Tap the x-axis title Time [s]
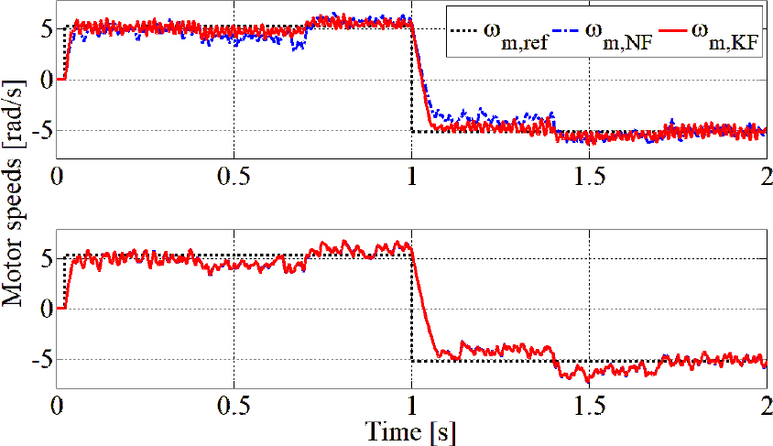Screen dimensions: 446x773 (x=412, y=430)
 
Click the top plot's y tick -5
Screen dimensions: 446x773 (x=39, y=132)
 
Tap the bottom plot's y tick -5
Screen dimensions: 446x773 (x=39, y=361)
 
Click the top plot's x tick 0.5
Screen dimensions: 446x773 (x=235, y=175)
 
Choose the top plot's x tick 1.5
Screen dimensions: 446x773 (x=589, y=175)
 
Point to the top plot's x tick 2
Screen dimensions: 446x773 (x=766, y=175)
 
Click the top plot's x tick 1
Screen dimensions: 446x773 (x=412, y=175)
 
